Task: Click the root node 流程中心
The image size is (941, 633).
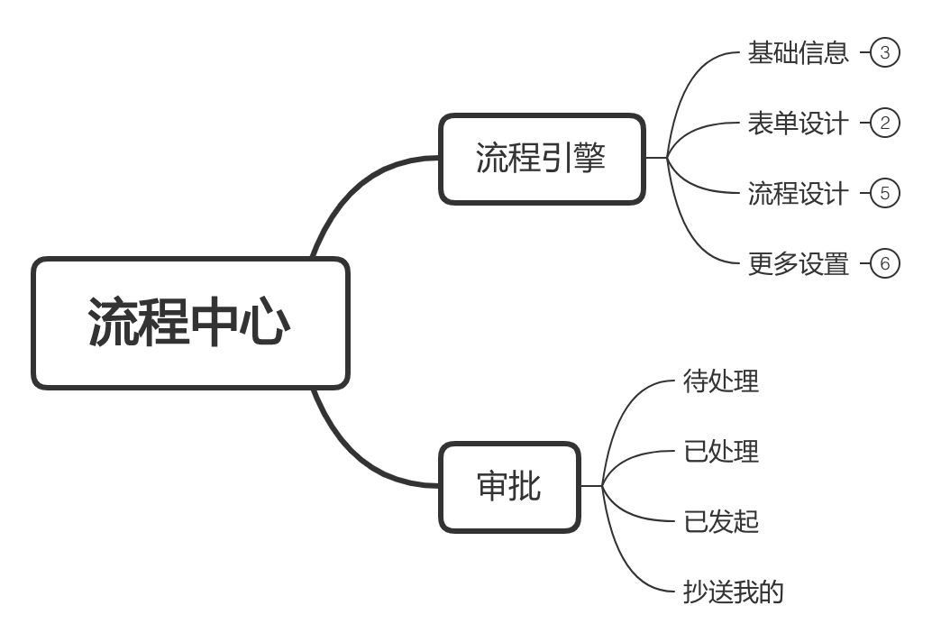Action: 190,323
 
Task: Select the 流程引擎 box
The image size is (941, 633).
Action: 542,159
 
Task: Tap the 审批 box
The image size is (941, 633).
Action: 509,486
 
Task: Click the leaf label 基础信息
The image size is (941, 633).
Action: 798,52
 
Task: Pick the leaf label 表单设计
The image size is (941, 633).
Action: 798,123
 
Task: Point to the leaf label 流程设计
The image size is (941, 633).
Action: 798,193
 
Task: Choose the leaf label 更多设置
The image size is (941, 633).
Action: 798,263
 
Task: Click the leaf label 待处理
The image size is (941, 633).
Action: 721,381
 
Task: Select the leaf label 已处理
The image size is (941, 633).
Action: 721,451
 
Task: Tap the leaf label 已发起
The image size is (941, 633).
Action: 721,521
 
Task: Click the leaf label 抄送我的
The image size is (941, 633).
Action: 734,592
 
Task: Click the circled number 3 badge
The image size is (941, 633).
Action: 885,52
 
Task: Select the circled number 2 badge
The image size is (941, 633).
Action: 885,123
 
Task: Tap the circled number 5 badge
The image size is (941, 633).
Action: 885,193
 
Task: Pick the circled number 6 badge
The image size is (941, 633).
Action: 885,263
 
